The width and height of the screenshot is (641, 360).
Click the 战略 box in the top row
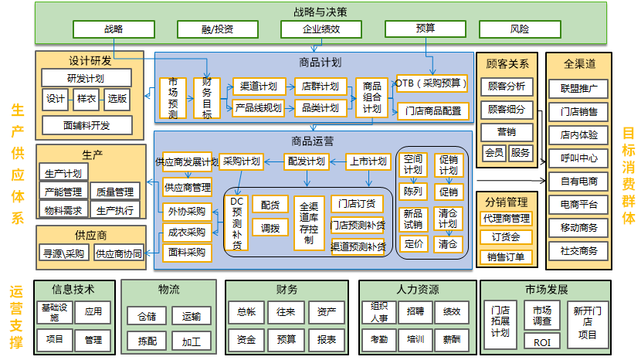point(113,29)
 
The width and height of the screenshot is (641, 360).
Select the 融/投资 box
point(216,29)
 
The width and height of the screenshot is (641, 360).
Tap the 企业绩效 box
point(320,29)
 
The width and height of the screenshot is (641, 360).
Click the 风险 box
point(520,29)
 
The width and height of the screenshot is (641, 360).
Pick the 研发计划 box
point(86,78)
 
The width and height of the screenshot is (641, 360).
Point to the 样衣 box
point(86,99)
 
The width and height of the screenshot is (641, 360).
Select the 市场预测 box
point(172,98)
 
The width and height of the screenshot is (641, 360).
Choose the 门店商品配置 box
point(432,110)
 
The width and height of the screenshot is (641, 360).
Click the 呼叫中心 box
point(578,158)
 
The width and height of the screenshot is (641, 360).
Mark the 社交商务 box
point(578,251)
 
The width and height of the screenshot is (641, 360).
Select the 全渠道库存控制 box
point(309,223)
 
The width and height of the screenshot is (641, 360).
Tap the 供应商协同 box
point(119,253)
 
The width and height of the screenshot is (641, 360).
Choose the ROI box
point(541,341)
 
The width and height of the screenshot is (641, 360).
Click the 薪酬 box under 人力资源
point(452,339)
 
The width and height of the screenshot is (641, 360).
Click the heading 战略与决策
point(320,12)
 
